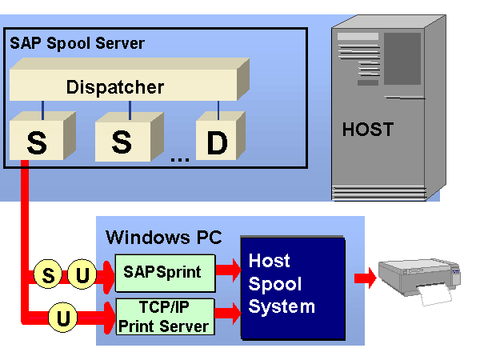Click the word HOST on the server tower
click(x=368, y=129)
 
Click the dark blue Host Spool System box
click(x=291, y=288)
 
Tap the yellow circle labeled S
click(x=48, y=277)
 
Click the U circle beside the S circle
click(x=82, y=277)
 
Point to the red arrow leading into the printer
click(x=365, y=278)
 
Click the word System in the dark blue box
click(x=282, y=306)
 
